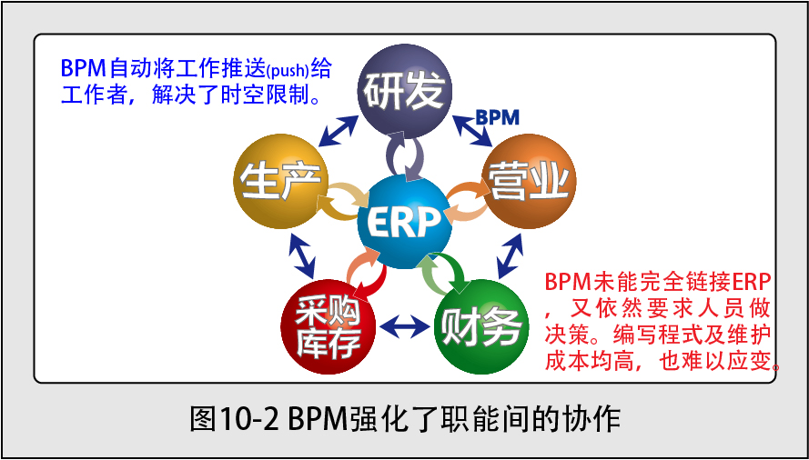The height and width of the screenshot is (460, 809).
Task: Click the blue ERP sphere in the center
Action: pyautogui.click(x=403, y=222)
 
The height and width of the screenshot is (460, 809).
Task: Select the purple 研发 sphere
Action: pyautogui.click(x=404, y=90)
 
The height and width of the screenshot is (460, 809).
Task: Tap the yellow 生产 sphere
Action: pyautogui.click(x=280, y=182)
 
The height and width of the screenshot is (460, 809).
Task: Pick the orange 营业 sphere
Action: pyautogui.click(x=529, y=182)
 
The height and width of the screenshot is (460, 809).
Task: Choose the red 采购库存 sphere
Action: pyautogui.click(x=328, y=327)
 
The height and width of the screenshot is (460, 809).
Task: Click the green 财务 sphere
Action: pyautogui.click(x=480, y=327)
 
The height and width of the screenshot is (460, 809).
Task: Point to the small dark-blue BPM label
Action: pyautogui.click(x=497, y=117)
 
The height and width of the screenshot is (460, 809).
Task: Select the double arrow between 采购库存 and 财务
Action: pyautogui.click(x=404, y=326)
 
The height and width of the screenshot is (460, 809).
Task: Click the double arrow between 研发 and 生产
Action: pyautogui.click(x=338, y=130)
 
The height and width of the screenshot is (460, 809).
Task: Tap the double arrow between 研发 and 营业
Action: pyautogui.click(x=472, y=130)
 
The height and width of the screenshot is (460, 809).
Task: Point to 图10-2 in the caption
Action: pyautogui.click(x=235, y=420)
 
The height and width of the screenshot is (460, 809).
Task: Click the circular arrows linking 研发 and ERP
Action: pyautogui.click(x=405, y=155)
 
